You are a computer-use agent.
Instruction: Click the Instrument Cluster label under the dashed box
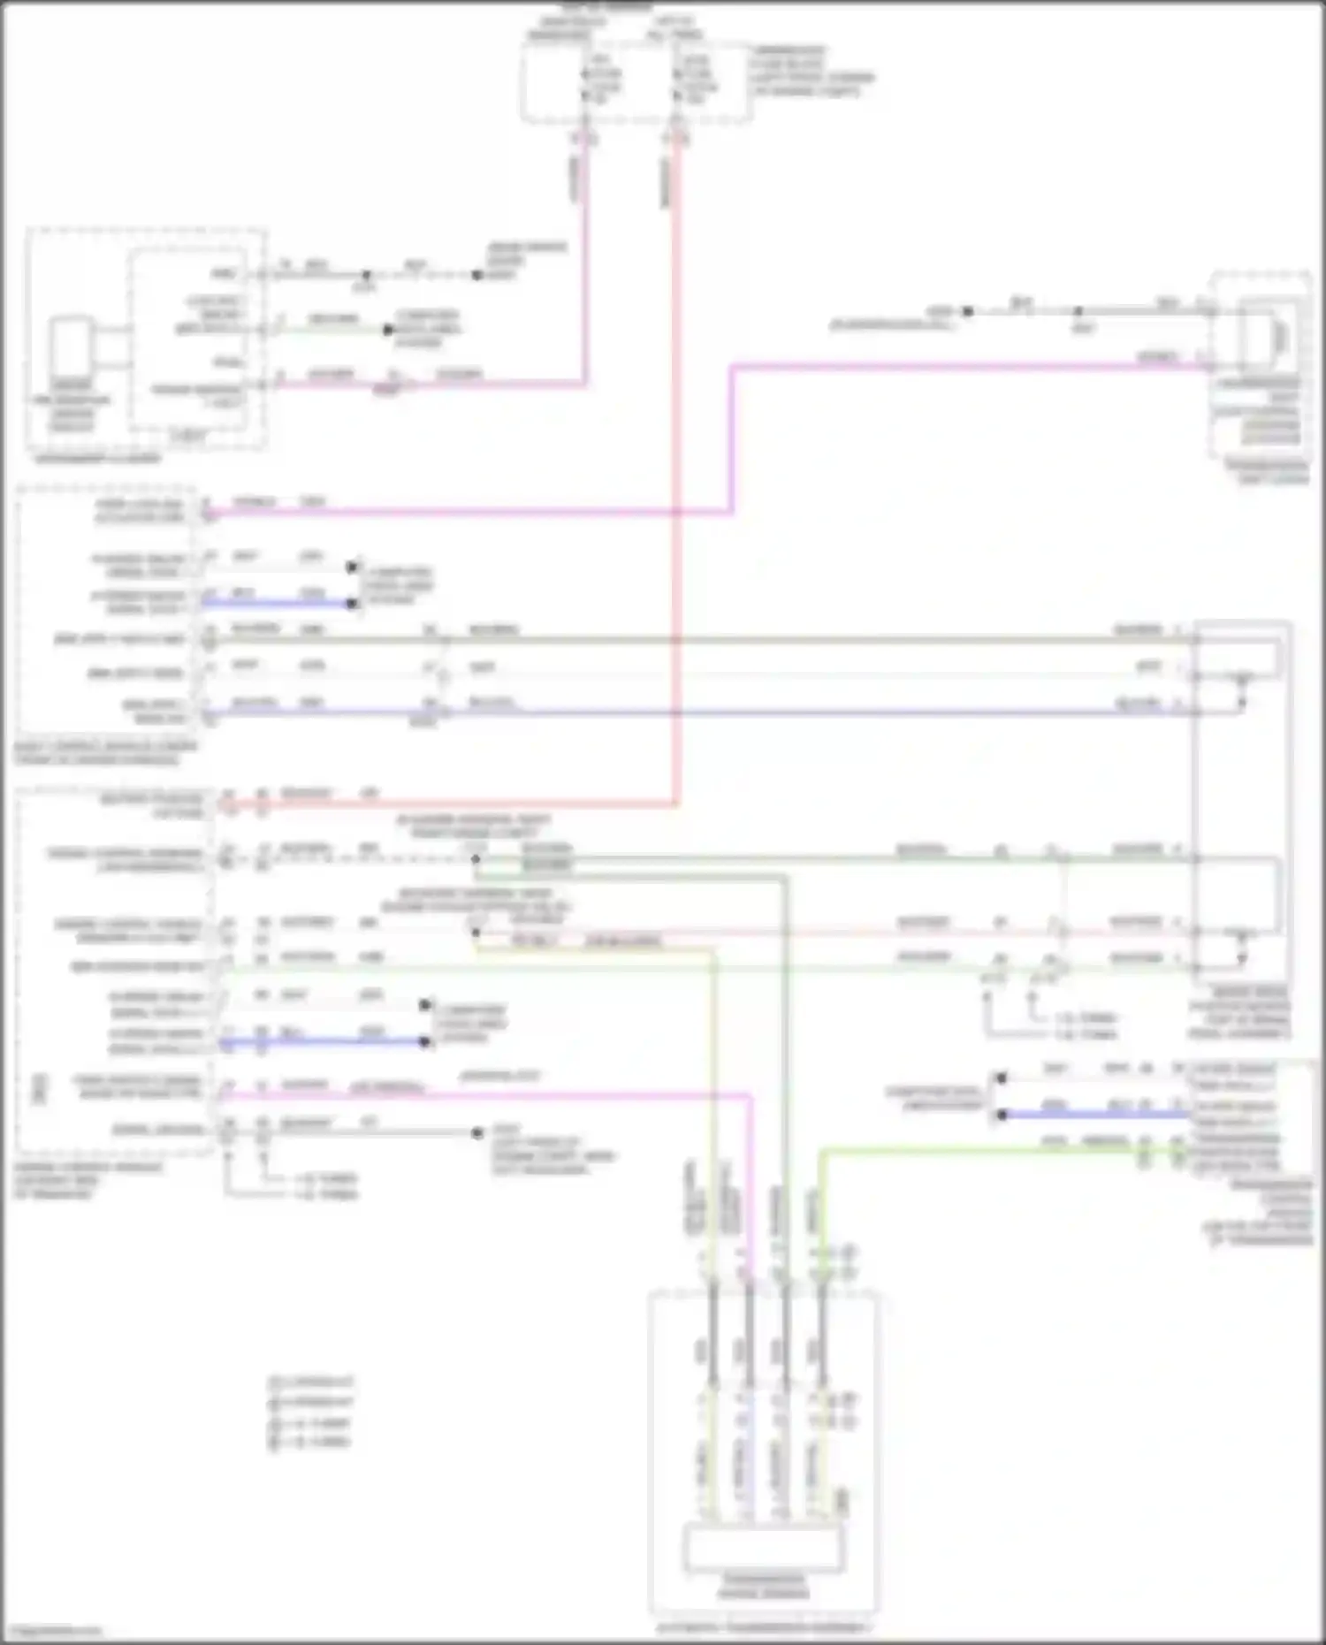click(98, 459)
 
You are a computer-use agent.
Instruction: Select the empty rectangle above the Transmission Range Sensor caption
click(764, 1547)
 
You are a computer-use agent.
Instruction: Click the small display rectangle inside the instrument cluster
click(72, 348)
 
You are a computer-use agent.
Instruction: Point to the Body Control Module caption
click(105, 753)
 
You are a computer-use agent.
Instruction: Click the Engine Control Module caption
click(88, 1180)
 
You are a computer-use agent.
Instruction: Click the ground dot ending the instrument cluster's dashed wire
click(477, 275)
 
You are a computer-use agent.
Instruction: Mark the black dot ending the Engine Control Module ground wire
click(477, 1132)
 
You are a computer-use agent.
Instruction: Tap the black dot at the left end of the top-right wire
click(968, 311)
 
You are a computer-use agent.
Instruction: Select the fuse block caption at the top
click(812, 70)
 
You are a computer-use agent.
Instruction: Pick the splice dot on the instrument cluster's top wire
click(366, 275)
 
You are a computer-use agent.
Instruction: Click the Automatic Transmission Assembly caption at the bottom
click(762, 1627)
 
